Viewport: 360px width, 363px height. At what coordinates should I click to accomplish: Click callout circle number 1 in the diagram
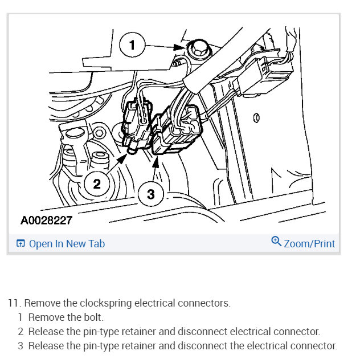point(132,45)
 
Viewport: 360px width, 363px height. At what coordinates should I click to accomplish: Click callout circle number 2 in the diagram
point(97,183)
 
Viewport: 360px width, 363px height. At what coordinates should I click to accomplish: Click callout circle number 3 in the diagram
point(150,194)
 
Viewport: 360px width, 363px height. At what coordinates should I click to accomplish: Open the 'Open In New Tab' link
point(67,243)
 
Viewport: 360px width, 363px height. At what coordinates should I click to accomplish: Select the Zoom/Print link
point(309,243)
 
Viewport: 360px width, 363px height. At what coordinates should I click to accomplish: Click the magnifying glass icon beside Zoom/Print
point(276,242)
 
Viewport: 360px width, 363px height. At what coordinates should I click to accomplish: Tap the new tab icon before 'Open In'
point(20,244)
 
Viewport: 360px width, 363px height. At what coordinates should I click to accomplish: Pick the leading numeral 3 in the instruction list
point(20,345)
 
